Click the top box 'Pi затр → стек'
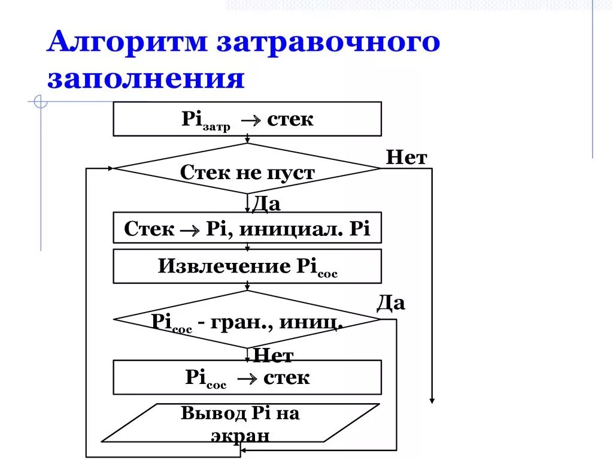pyautogui.click(x=247, y=119)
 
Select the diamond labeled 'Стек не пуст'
pyautogui.click(x=247, y=171)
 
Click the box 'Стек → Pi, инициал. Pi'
pyautogui.click(x=247, y=228)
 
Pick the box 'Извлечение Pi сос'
pyautogui.click(x=247, y=266)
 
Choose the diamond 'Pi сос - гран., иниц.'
pyautogui.click(x=247, y=322)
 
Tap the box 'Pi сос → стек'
pyautogui.click(x=247, y=377)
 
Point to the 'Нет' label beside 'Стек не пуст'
pyautogui.click(x=406, y=158)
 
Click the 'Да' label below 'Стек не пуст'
pyautogui.click(x=266, y=204)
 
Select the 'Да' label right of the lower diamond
pyautogui.click(x=391, y=303)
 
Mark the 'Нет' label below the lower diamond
pyautogui.click(x=274, y=356)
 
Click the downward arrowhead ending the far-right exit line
pyautogui.click(x=432, y=400)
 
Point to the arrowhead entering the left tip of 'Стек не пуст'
pyautogui.click(x=111, y=168)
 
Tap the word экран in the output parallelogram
pyautogui.click(x=240, y=435)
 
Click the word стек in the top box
pyautogui.click(x=290, y=119)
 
